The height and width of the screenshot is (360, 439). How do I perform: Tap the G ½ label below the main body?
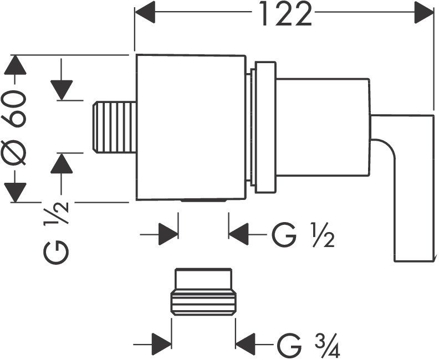302,237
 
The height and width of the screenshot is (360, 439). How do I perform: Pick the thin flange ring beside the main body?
264,127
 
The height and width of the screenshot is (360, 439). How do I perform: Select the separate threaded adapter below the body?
203,292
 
